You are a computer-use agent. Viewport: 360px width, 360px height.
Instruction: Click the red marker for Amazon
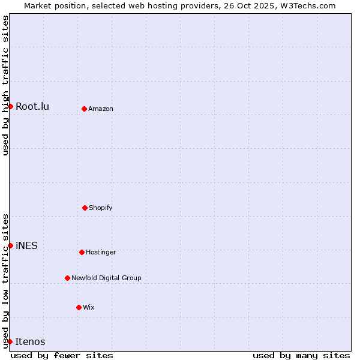[x=84, y=109]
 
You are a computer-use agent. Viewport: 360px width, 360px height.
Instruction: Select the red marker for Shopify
[x=85, y=208]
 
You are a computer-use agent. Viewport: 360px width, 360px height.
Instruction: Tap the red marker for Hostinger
[x=82, y=252]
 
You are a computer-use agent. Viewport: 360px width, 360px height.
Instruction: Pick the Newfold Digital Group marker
[x=67, y=278]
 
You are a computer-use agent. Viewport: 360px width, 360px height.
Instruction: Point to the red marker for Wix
[x=79, y=307]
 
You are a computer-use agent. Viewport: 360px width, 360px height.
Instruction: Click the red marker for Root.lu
[x=10, y=106]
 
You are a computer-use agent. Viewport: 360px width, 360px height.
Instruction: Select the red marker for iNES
[x=10, y=245]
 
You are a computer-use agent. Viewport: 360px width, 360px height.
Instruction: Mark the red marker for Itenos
[x=10, y=341]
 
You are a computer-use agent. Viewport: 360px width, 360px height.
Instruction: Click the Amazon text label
[x=101, y=109]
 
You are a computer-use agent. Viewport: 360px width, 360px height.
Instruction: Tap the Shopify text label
[x=101, y=208]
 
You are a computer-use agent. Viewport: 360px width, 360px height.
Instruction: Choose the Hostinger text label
[x=101, y=252]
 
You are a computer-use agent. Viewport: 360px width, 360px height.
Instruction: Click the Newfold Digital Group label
[x=106, y=278]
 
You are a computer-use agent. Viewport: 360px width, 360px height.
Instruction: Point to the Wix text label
[x=89, y=307]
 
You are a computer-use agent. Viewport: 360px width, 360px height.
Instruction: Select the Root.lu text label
[x=32, y=106]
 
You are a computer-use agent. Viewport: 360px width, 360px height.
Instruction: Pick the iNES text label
[x=26, y=245]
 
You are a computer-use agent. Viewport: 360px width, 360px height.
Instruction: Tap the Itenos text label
[x=30, y=341]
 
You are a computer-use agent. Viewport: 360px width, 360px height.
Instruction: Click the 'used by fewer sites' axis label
[x=62, y=355]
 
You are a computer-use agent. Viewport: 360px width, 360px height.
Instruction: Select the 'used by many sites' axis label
[x=301, y=355]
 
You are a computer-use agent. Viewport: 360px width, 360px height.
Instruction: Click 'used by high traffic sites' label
[x=5, y=85]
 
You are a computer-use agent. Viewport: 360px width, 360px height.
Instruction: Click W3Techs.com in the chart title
[x=307, y=5]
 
